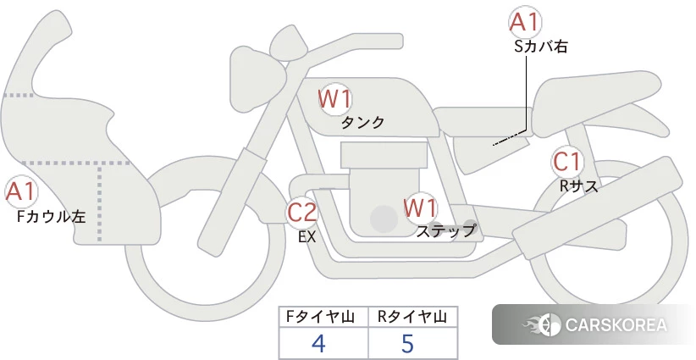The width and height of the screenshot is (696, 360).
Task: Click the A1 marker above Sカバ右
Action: (525, 22)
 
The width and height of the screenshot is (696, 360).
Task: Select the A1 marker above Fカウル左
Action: (20, 192)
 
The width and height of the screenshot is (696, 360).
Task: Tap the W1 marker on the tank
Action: (334, 99)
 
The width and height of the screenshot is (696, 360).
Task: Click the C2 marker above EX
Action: (301, 212)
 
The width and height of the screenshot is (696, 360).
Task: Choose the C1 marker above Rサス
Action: (566, 162)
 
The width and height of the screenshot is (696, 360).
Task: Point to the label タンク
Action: (362, 123)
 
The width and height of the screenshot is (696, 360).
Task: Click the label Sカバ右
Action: (541, 47)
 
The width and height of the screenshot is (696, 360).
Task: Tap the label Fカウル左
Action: (51, 217)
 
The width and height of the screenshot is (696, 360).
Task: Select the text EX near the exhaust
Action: (307, 237)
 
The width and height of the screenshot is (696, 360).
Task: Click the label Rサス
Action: (578, 186)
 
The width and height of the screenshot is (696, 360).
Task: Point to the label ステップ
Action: (445, 231)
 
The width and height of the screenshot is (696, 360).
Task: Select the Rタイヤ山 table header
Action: (412, 317)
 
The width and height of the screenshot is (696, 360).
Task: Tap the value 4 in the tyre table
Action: (318, 343)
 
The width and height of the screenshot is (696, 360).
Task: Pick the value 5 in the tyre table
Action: (407, 343)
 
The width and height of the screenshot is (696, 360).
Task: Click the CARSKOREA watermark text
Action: (616, 324)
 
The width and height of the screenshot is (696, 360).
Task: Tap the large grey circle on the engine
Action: (384, 219)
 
